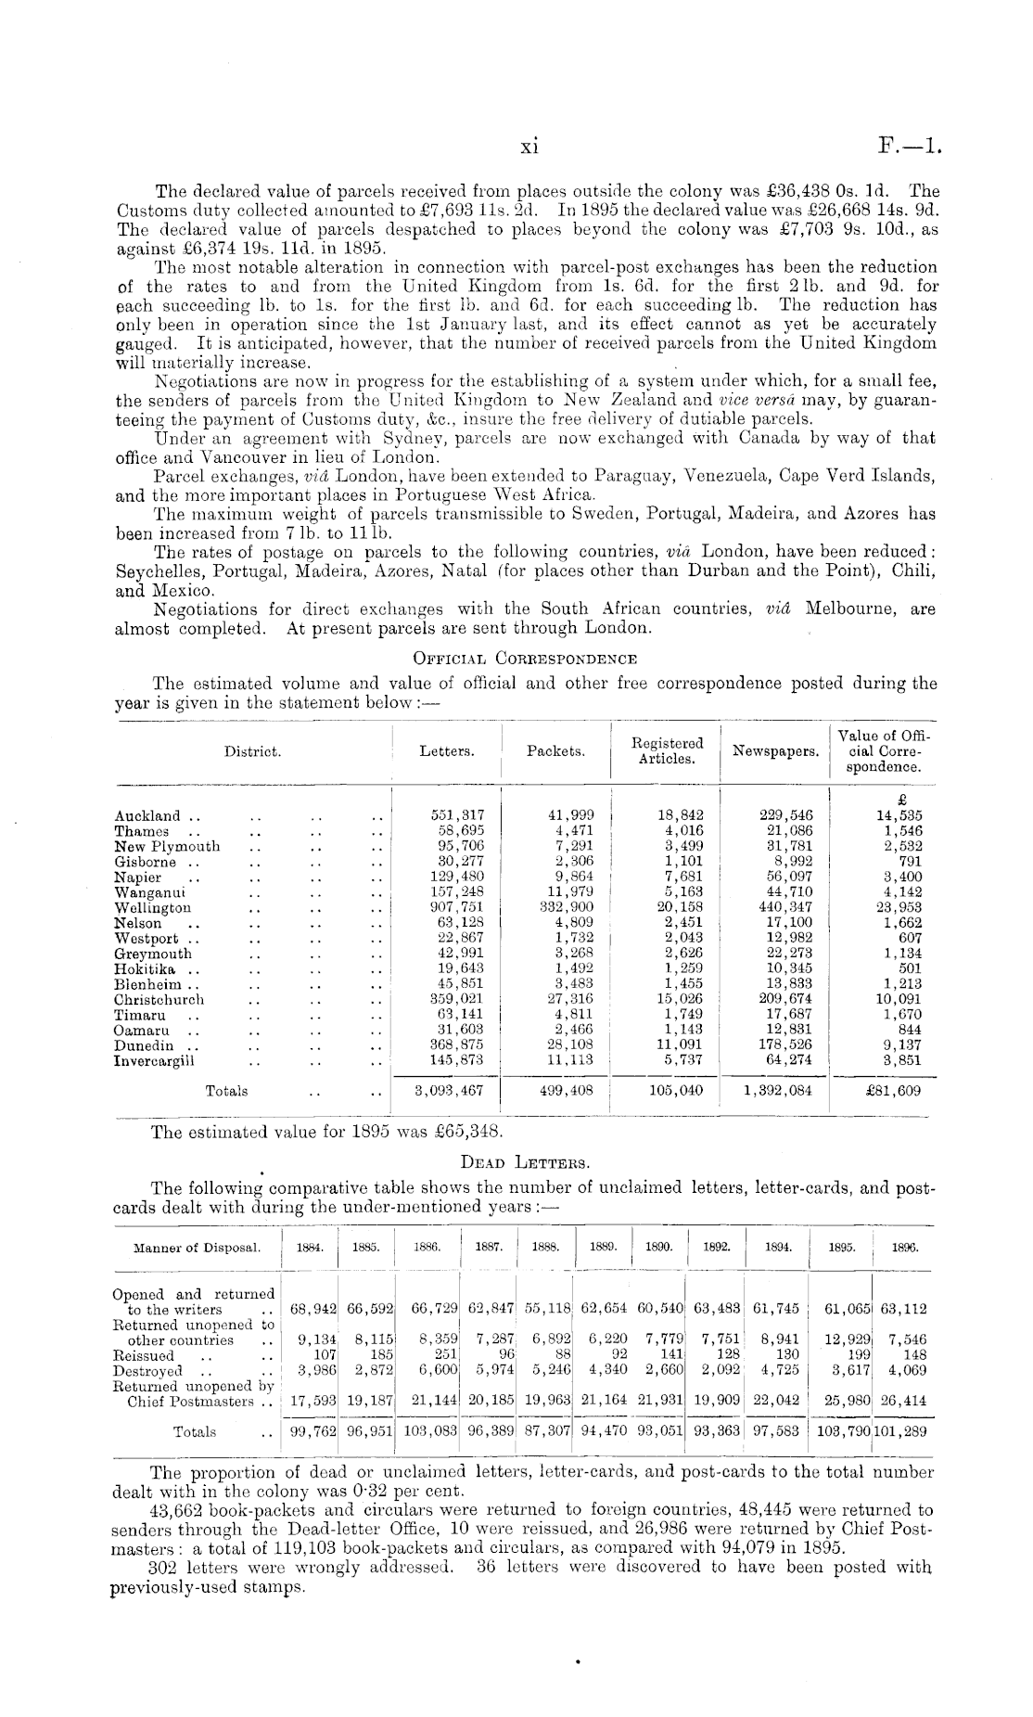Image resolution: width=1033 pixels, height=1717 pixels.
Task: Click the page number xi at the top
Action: point(529,146)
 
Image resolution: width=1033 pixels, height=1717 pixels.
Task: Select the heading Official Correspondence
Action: point(524,660)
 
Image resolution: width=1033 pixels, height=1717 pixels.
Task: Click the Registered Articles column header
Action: point(667,751)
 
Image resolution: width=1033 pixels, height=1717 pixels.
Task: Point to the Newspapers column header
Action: point(775,751)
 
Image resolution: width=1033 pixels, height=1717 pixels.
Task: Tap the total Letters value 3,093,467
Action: point(449,1091)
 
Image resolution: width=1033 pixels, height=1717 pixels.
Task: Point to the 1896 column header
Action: point(904,1249)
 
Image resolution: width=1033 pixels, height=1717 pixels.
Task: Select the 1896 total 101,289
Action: point(904,1431)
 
